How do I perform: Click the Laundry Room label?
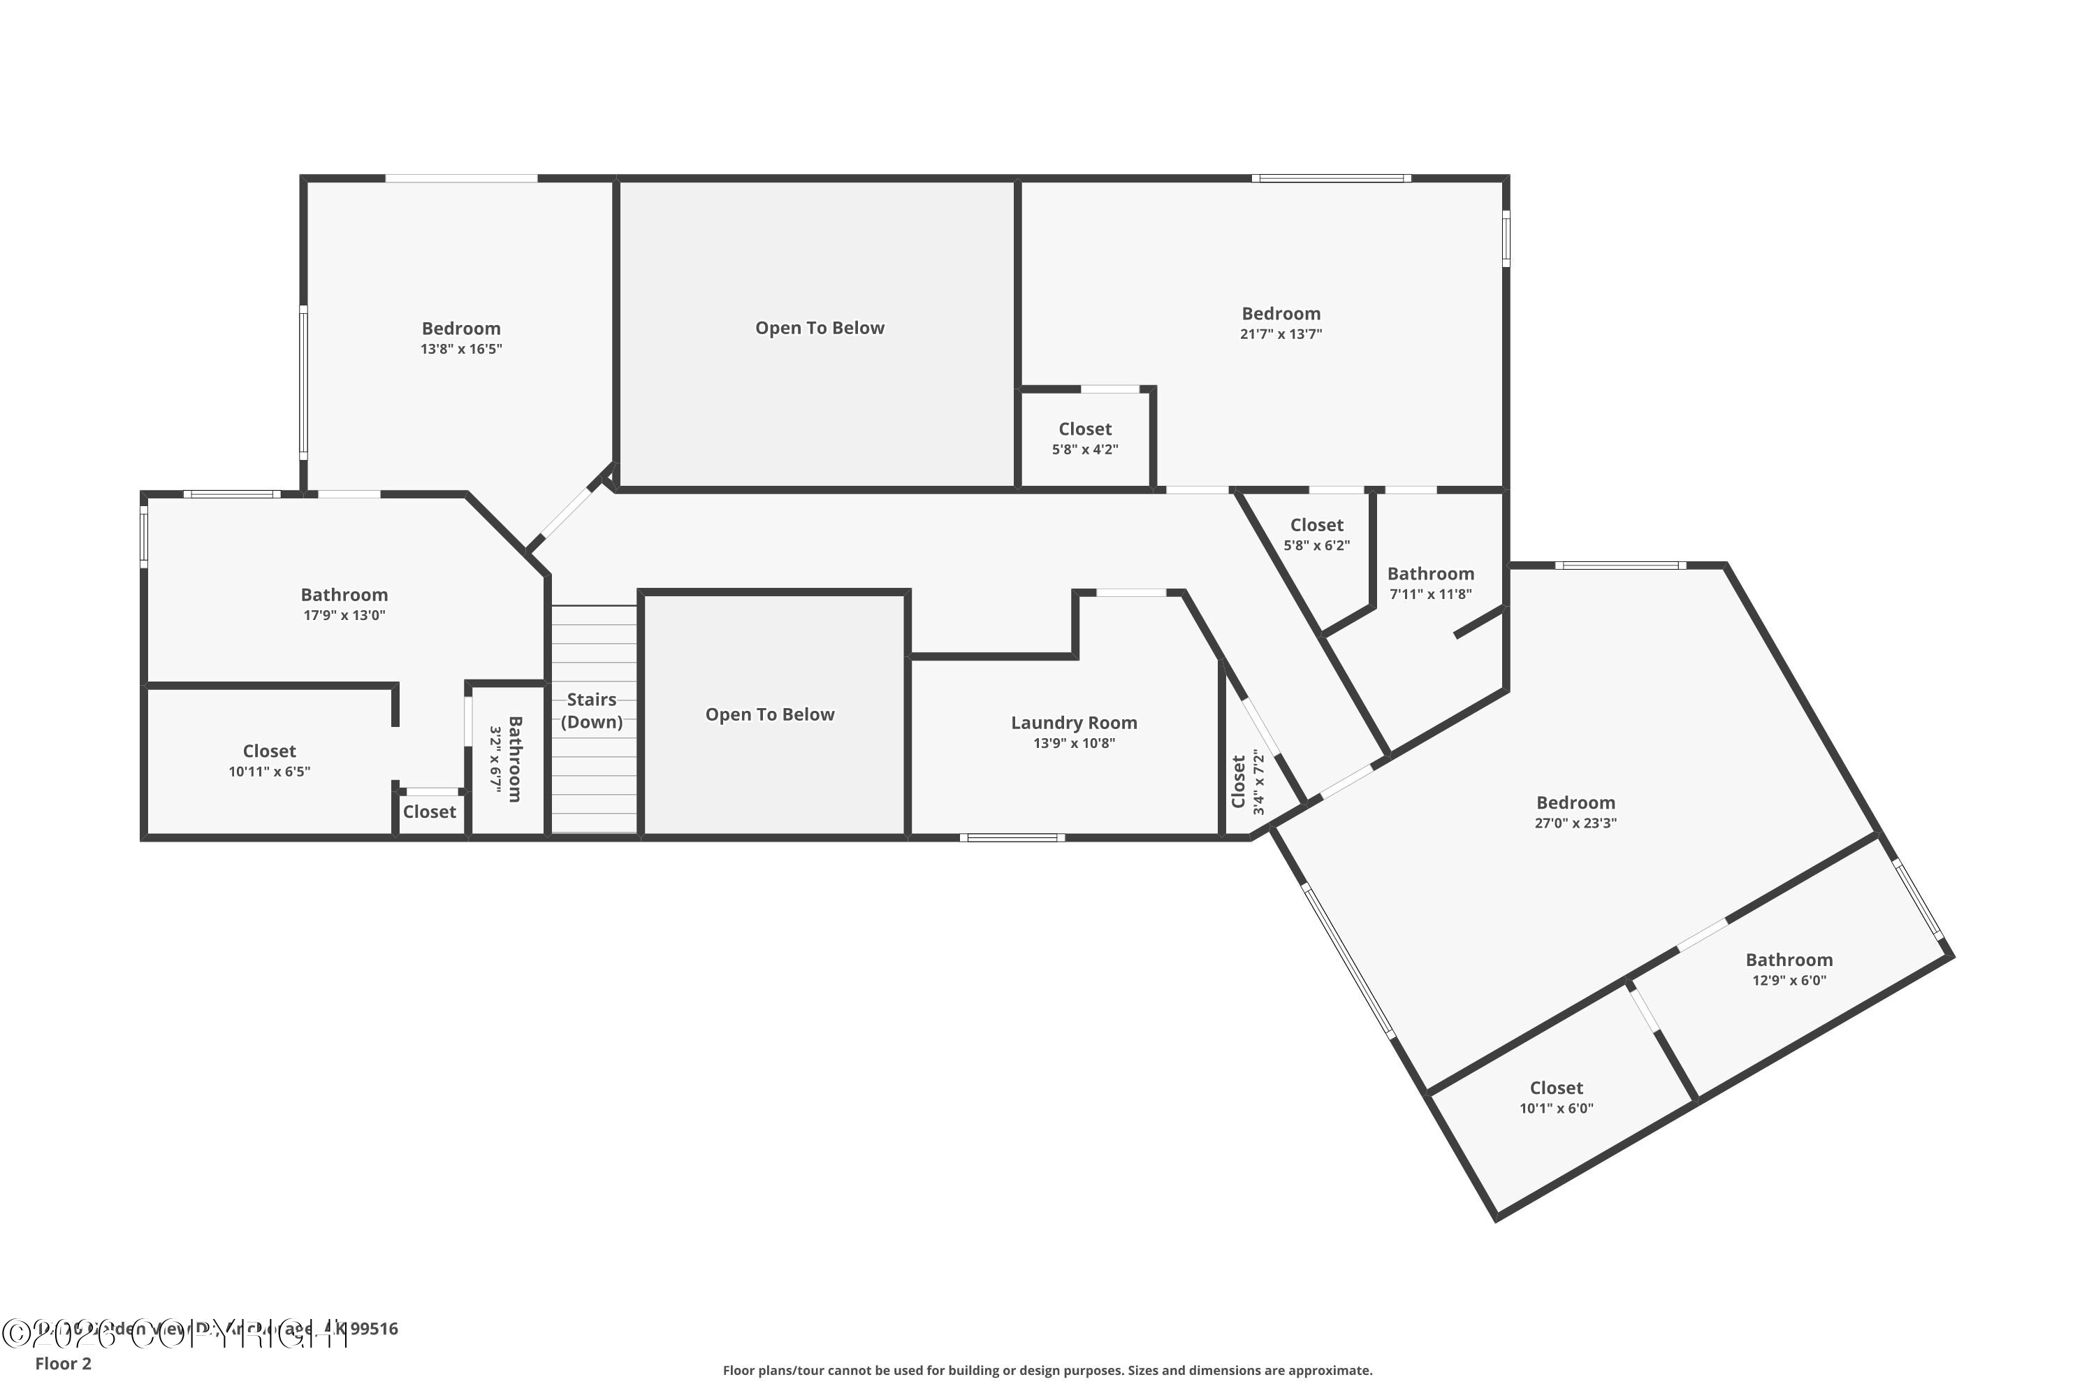click(1073, 722)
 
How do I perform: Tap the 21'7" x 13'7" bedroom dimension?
click(1281, 334)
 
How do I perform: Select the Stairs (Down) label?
click(592, 711)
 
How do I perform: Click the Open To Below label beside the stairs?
click(770, 714)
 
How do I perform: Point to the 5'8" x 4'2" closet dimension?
click(1084, 449)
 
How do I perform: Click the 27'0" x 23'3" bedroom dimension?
click(1575, 823)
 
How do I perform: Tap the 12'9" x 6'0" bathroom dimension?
click(1789, 980)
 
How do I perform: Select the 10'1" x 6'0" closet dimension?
click(1556, 1108)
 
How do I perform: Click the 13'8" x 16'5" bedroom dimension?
click(460, 349)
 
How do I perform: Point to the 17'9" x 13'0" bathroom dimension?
click(344, 615)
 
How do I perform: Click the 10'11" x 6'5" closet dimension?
click(269, 771)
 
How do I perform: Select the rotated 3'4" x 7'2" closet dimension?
click(1259, 782)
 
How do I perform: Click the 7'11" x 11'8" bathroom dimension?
click(1430, 593)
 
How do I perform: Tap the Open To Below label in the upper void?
click(819, 327)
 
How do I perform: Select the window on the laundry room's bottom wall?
click(1012, 837)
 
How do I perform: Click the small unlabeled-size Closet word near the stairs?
click(429, 812)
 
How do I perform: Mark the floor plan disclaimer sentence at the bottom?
click(1047, 1370)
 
